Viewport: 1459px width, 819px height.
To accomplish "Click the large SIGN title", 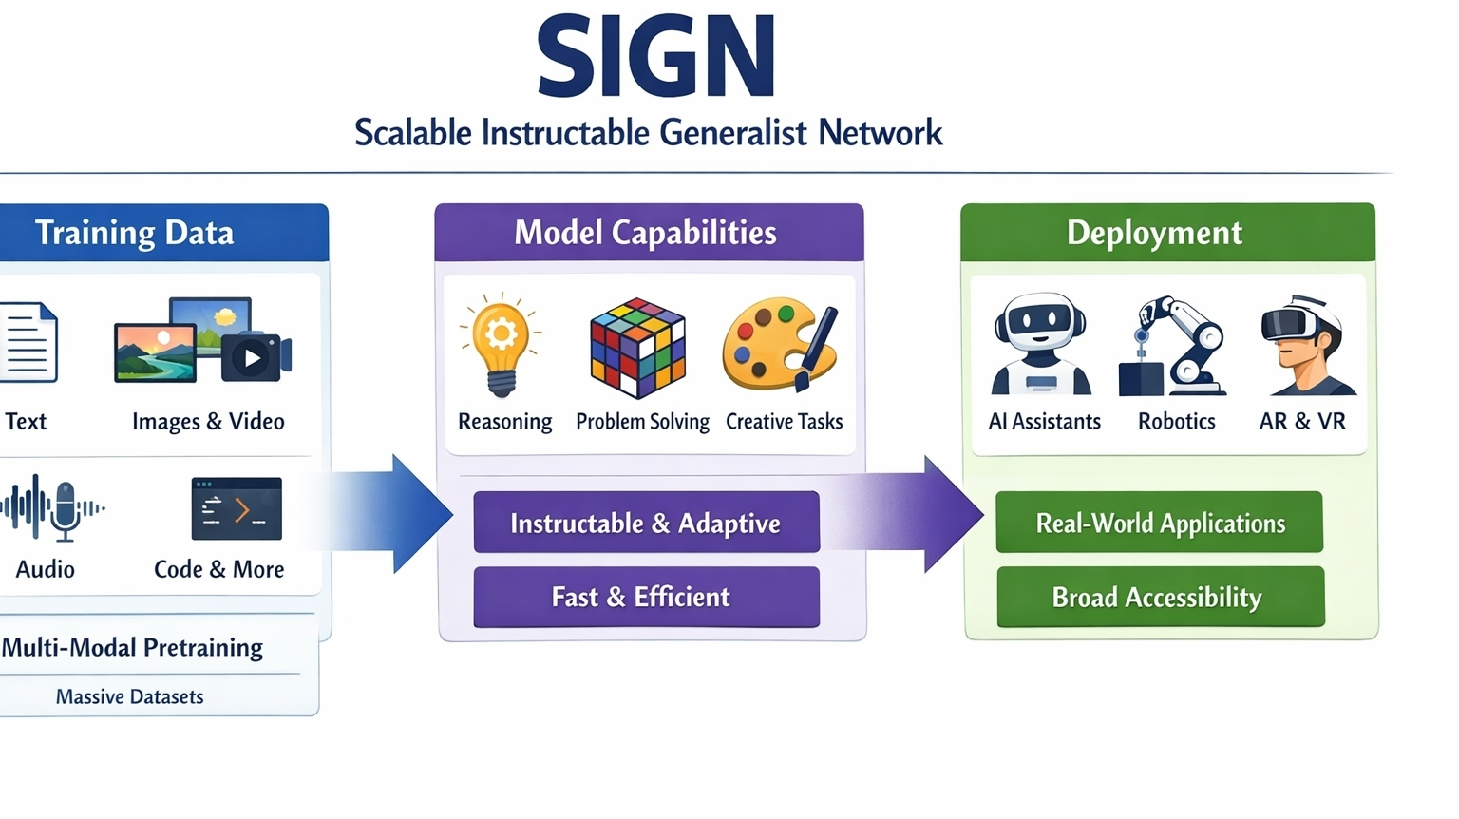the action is (656, 57).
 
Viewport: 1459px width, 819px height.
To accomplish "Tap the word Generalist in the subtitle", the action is (733, 132).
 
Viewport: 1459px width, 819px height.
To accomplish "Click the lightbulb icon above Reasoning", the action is (501, 345).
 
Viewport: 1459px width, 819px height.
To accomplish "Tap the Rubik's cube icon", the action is (637, 348).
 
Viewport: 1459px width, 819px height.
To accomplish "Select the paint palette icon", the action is (780, 345).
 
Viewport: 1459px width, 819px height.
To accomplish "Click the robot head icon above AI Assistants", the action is (1040, 343).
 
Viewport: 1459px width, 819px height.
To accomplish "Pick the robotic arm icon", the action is (1172, 346).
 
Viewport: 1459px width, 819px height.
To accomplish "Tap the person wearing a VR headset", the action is (1306, 345).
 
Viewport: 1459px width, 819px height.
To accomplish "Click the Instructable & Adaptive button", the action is (646, 523).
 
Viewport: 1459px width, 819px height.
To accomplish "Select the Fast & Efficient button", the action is (646, 597).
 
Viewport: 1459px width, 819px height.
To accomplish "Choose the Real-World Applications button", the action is (1160, 523).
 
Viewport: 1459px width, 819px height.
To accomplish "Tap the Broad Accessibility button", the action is (1161, 597).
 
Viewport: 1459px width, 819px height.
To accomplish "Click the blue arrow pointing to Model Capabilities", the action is (385, 514).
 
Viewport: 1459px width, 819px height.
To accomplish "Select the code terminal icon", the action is (237, 509).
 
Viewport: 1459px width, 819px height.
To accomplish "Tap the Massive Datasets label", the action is (129, 696).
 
